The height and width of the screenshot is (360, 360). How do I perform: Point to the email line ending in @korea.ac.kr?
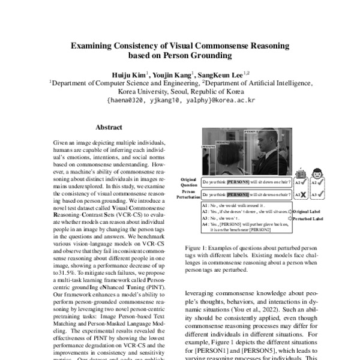180,101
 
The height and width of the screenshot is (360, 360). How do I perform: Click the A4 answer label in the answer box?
206,224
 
